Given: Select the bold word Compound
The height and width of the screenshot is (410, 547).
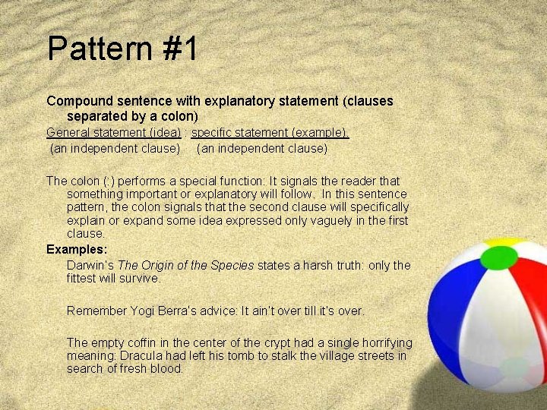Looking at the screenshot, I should click(x=79, y=100).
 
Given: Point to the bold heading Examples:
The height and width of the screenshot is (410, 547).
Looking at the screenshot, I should click(x=75, y=249).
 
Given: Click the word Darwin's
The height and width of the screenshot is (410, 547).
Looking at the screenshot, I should click(x=90, y=265).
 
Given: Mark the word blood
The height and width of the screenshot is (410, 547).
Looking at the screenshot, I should click(x=167, y=369).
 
